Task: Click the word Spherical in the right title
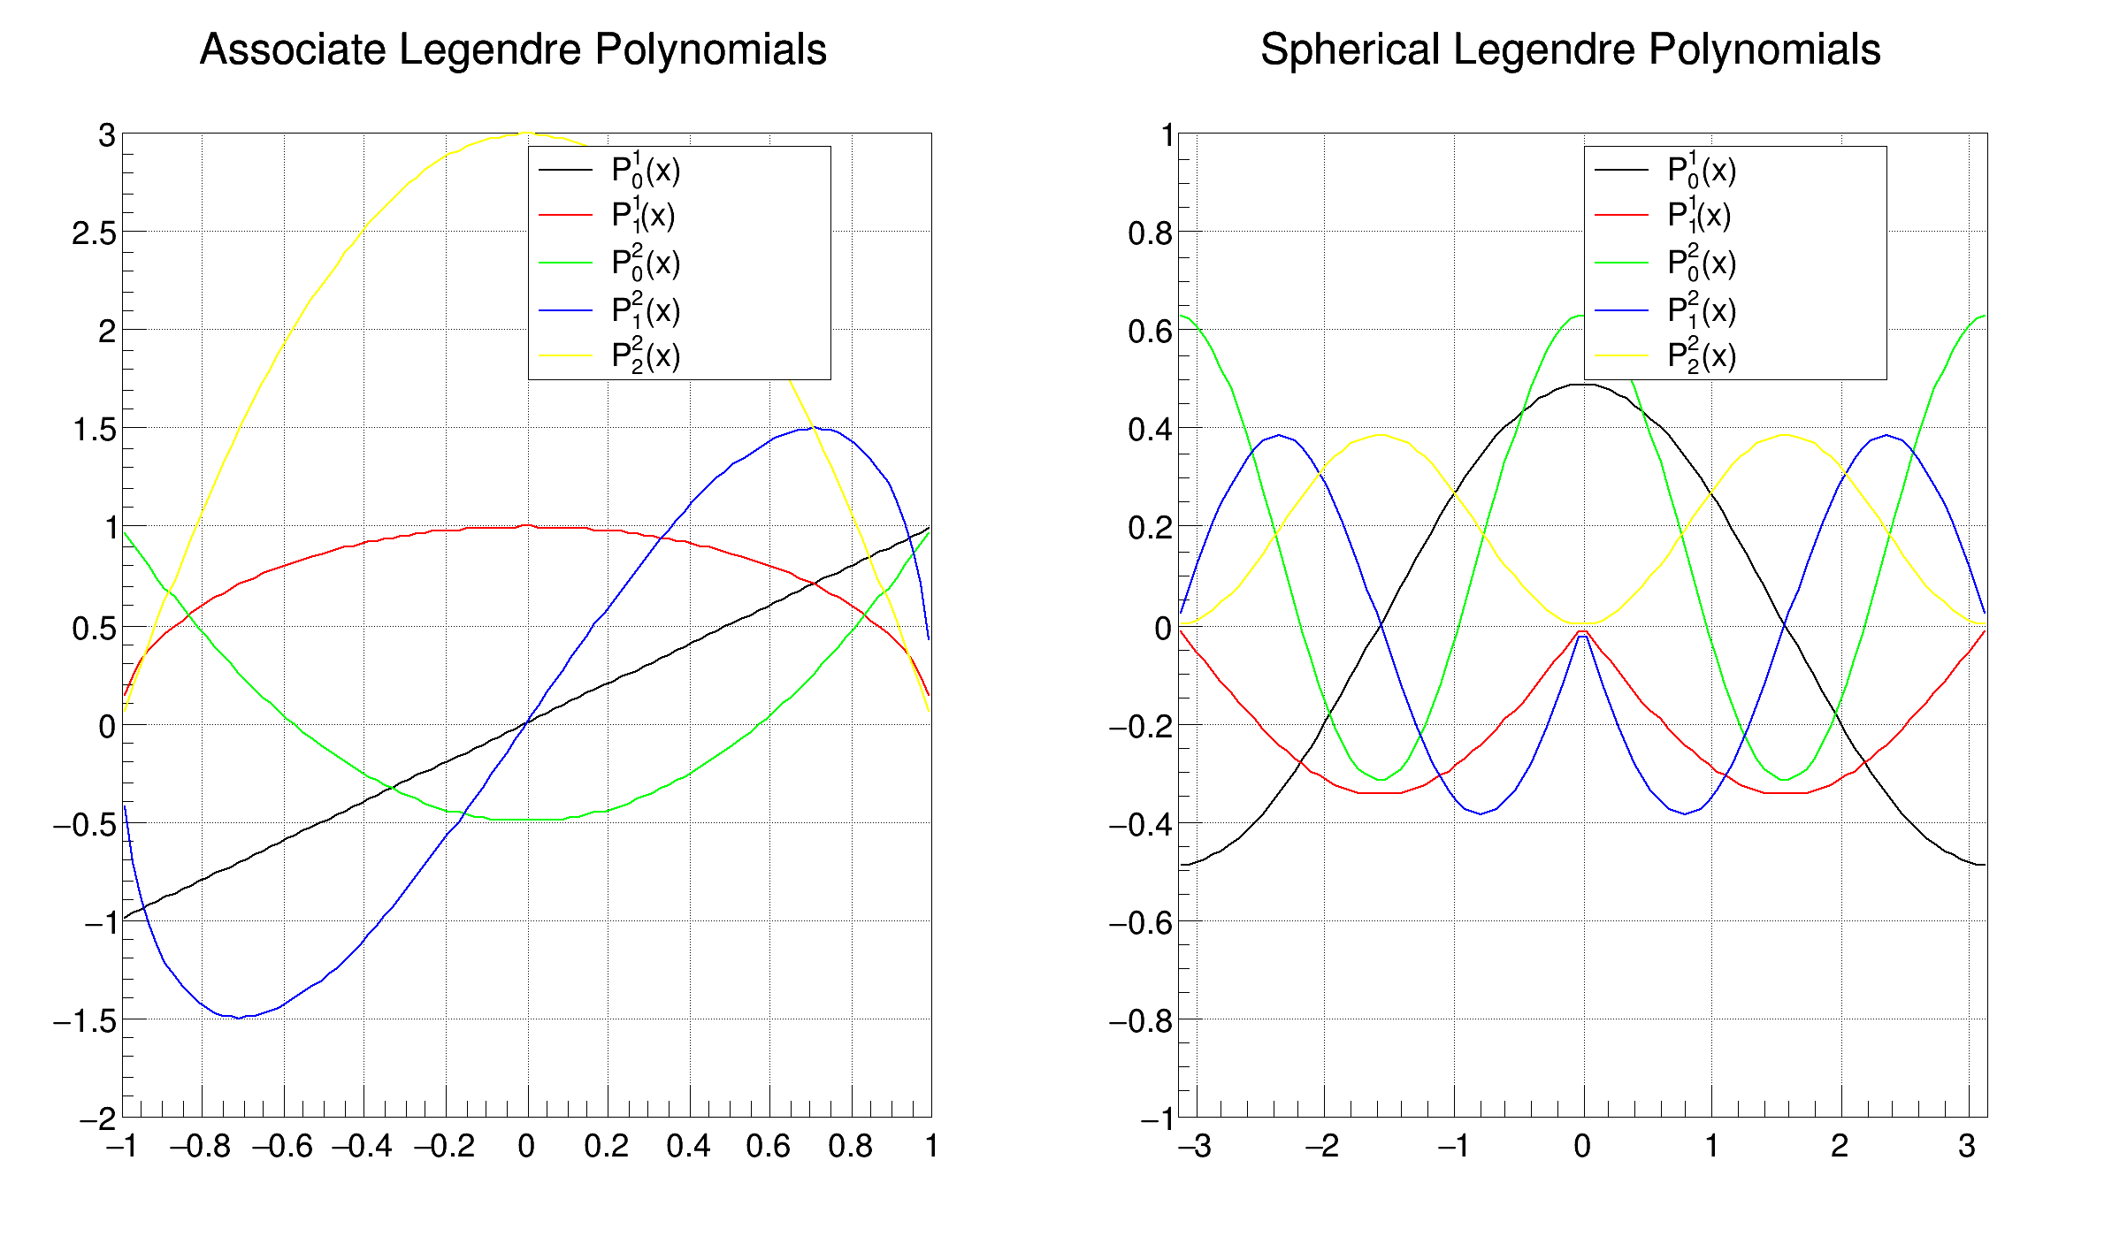1350,50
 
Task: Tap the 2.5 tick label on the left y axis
94,234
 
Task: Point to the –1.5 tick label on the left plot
85,1021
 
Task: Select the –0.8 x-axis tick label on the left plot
200,1147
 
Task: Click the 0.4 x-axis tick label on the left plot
688,1147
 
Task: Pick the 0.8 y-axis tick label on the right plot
1150,234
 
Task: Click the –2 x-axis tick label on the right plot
1322,1147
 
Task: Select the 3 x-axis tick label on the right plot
1967,1147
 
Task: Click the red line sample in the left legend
565,215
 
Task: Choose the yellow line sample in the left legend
565,355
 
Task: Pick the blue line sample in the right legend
1621,310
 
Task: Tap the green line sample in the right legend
1621,263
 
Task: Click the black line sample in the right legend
1621,169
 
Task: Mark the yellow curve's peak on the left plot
526,134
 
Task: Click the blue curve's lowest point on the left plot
238,1018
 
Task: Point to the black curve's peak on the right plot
1583,385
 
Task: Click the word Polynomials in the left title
710,50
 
